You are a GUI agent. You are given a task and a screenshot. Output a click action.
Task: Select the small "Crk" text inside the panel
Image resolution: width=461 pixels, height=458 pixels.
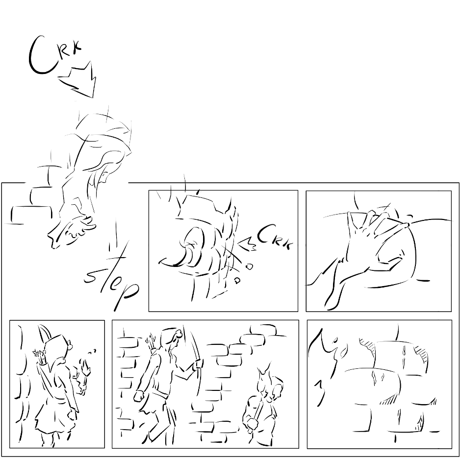[276, 236]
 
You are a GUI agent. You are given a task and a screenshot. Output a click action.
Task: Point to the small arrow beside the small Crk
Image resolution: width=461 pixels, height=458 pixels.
[248, 243]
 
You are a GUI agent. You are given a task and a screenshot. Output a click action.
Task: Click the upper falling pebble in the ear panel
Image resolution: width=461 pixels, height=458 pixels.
[249, 266]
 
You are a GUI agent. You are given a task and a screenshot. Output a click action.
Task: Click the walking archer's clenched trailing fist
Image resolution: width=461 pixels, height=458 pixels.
[139, 396]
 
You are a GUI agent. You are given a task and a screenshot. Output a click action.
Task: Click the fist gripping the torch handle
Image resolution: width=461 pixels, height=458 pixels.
[252, 423]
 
